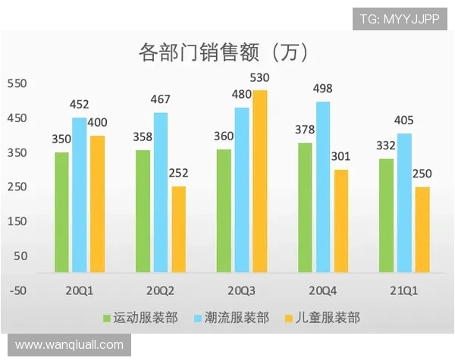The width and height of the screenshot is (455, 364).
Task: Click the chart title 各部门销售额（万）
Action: point(223,52)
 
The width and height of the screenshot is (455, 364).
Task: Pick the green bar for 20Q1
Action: point(61,212)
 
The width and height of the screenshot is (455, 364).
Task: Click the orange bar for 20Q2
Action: point(178,229)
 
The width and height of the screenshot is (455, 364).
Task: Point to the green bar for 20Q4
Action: point(305,207)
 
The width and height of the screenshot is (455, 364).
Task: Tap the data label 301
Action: point(341,157)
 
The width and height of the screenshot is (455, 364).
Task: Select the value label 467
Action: point(161,99)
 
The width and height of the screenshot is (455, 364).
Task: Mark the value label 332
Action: point(386,146)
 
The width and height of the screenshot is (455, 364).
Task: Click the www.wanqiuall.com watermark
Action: point(69,345)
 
